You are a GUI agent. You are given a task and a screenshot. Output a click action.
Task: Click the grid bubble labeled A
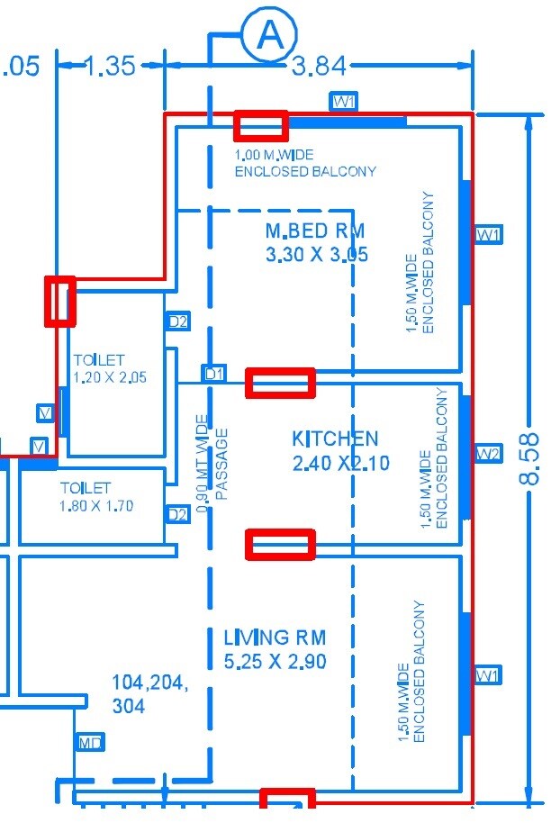pyautogui.click(x=268, y=35)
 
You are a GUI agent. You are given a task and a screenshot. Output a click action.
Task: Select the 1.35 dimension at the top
pyautogui.click(x=110, y=66)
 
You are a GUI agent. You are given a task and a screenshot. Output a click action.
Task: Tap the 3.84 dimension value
pyautogui.click(x=320, y=66)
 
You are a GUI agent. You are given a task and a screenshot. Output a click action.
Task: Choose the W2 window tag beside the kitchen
pyautogui.click(x=488, y=452)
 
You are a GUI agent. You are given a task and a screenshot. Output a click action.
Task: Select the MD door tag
pyautogui.click(x=90, y=742)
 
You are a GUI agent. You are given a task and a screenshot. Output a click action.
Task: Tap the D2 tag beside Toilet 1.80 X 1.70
pyautogui.click(x=178, y=514)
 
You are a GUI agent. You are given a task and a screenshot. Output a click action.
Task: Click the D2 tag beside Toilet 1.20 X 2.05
pyautogui.click(x=178, y=321)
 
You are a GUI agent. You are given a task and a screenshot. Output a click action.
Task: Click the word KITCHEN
pyautogui.click(x=335, y=439)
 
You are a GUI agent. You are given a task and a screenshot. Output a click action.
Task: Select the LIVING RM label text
pyautogui.click(x=275, y=638)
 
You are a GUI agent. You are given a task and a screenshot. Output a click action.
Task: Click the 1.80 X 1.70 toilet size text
pyautogui.click(x=97, y=506)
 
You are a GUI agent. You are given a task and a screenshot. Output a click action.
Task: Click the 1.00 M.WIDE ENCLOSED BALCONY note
pyautogui.click(x=304, y=163)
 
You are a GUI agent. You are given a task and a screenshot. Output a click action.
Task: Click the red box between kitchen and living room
pyautogui.click(x=281, y=545)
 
